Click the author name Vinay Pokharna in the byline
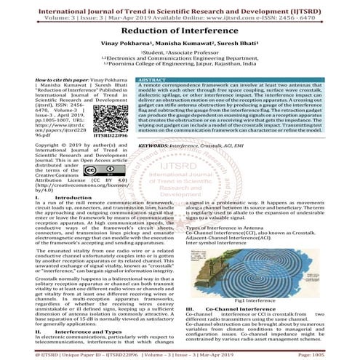(x=129, y=44)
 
